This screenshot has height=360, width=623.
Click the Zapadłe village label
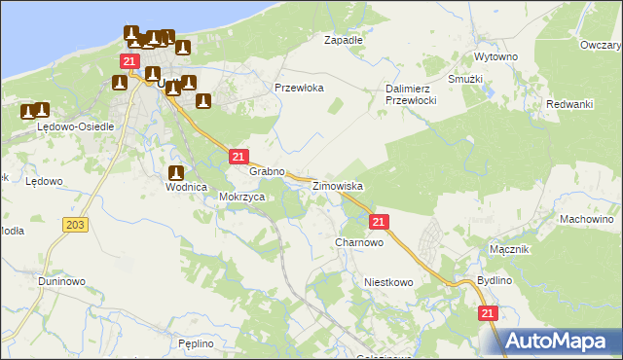coord(343,41)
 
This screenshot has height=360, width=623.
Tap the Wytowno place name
coord(494,57)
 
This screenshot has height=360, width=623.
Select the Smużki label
coord(465,78)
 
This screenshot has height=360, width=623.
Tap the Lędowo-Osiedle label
coord(76,126)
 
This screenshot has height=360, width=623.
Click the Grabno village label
coord(266,171)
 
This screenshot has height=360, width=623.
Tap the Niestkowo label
coord(388,282)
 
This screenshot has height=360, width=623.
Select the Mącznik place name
coord(509,249)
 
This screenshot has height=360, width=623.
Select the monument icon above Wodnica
coord(174,172)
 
